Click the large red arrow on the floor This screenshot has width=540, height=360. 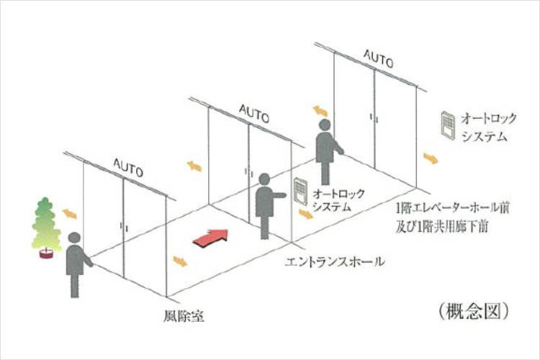coord(211,238)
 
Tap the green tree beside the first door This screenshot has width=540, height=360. coord(46,223)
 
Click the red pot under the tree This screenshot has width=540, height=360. coord(46,254)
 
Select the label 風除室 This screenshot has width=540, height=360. coord(184,316)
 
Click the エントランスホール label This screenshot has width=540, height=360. coord(335,261)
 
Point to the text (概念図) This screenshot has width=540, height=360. coord(474,311)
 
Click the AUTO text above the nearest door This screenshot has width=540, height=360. coord(127,167)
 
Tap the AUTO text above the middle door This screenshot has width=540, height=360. coord(254,113)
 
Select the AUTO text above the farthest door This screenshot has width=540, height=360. coord(378,58)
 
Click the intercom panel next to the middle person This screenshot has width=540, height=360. coord(300,192)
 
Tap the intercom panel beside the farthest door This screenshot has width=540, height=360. coord(449,125)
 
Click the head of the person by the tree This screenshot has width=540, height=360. coord(74,238)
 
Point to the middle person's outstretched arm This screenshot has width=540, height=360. coord(278,196)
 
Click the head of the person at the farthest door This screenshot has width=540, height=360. coord(325,125)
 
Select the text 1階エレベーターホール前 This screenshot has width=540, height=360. coord(453,208)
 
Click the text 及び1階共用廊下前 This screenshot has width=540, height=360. coord(442,227)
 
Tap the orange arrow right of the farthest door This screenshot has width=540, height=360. coord(431,158)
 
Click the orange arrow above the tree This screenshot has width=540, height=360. coord(69,214)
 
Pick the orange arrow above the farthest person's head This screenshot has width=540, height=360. coord(320,112)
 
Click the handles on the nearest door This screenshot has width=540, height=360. coord(124,226)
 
